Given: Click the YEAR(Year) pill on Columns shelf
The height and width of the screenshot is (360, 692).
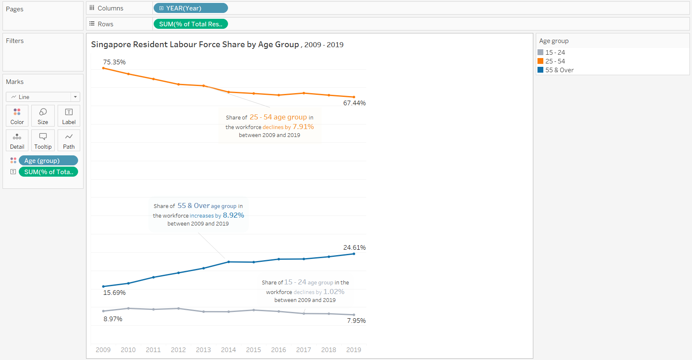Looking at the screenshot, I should point(190,8).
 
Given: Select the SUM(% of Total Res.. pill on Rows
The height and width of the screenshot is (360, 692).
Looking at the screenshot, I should point(190,24).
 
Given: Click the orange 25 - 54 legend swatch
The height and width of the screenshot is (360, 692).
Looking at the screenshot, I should point(540,61).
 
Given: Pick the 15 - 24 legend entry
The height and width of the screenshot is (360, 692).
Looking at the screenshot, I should point(555,52).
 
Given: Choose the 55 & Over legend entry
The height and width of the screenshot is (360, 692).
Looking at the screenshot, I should point(559,70).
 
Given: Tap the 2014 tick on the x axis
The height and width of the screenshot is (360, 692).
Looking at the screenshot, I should point(228,350).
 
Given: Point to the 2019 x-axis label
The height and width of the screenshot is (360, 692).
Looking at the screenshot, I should point(354,350).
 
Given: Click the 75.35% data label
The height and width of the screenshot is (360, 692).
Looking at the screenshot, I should point(114,62).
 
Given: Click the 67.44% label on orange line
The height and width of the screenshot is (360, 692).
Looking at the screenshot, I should point(354,103).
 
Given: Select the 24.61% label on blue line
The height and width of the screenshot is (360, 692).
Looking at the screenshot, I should point(354,247).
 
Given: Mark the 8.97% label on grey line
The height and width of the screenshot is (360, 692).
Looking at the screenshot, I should point(113,319).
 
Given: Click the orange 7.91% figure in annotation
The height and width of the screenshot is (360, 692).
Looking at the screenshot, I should point(303,127).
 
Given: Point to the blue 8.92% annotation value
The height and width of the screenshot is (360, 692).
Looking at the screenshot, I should point(233,215).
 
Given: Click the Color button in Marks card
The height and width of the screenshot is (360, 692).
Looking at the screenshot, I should point(17,116).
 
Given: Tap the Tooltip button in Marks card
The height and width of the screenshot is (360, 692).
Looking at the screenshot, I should point(43,140).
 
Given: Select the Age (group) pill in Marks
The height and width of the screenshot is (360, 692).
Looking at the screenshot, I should point(48,160).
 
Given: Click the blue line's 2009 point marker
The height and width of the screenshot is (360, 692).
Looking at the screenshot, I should point(104,286).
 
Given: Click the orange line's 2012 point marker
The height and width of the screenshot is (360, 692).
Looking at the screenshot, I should point(179,84).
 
